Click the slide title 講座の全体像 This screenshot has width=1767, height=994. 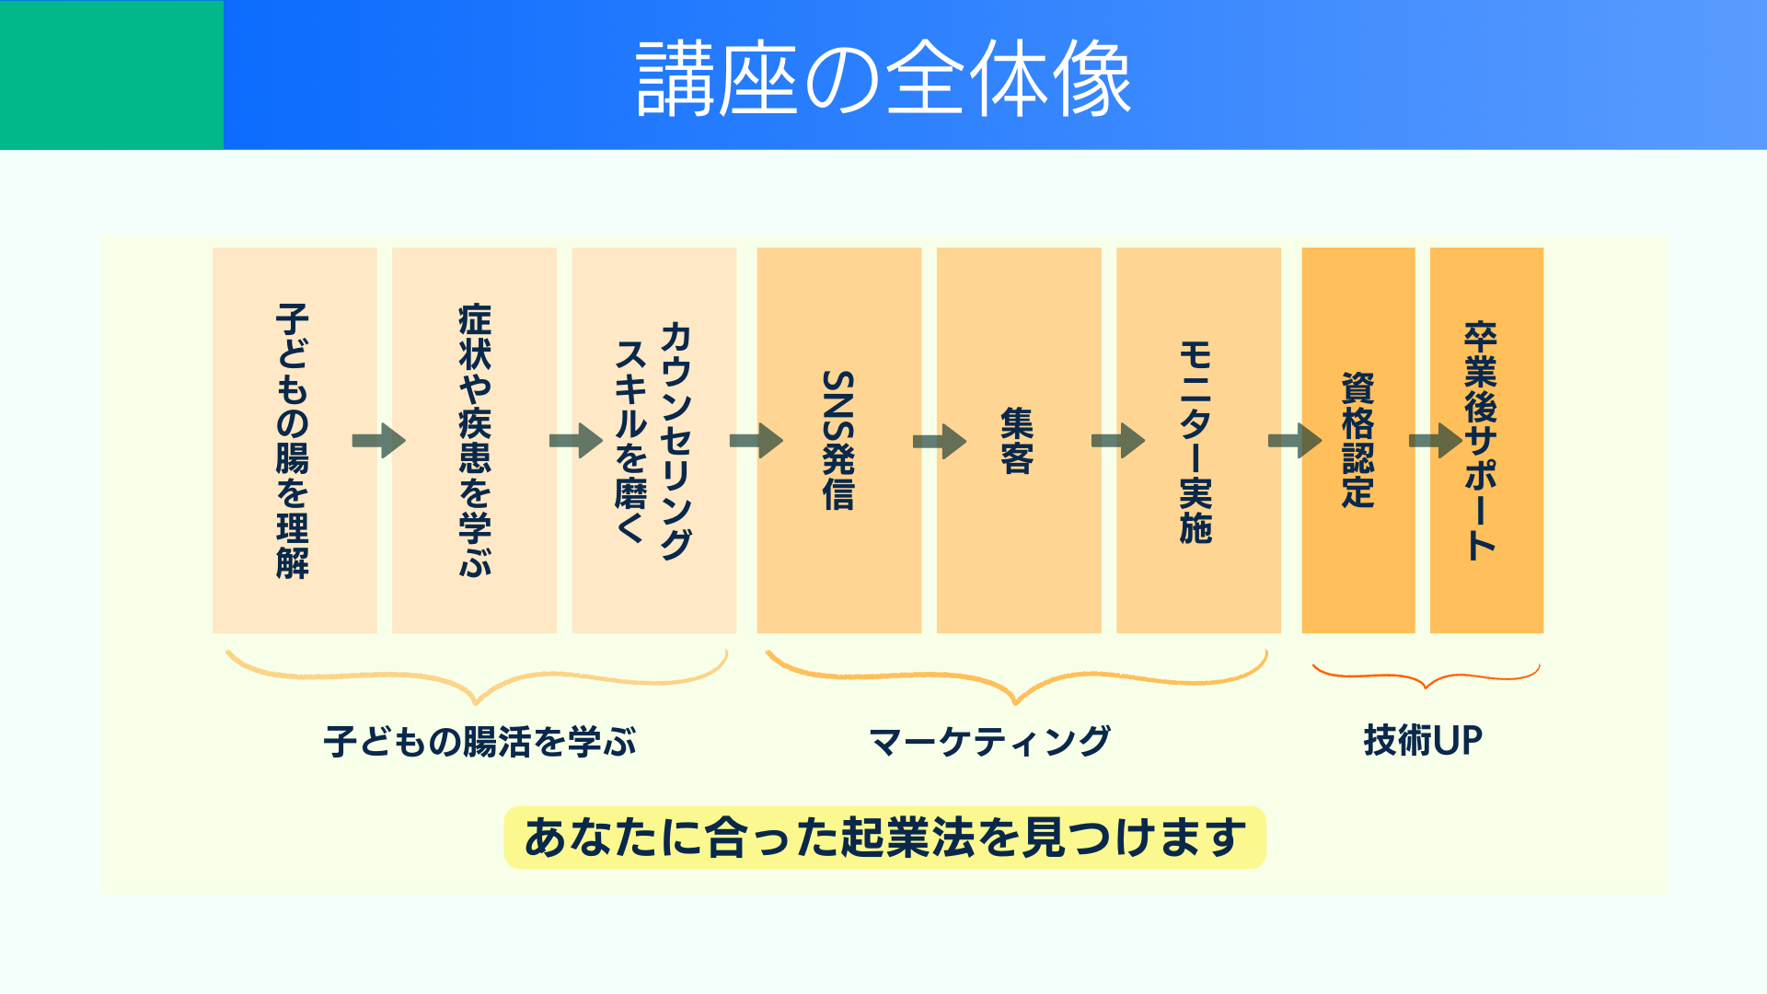click(883, 78)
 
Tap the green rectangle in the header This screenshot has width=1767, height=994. click(111, 75)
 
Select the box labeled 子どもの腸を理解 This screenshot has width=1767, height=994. click(294, 515)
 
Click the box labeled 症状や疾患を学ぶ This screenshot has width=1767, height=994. click(474, 515)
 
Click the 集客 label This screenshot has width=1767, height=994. click(1017, 441)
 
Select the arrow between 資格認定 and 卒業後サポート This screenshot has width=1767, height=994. click(1435, 441)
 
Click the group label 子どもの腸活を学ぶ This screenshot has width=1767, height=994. click(479, 742)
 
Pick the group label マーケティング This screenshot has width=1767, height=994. click(990, 742)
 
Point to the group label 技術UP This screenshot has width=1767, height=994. click(1423, 740)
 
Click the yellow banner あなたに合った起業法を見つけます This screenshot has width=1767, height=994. click(884, 838)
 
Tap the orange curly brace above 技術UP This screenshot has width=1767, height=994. click(1426, 676)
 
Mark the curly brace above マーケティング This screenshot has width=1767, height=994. click(1016, 681)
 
